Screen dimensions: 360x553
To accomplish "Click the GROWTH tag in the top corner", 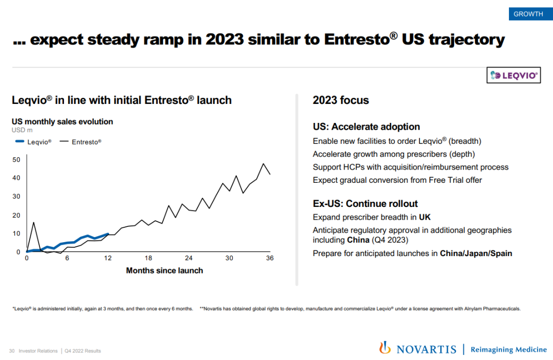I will click(x=528, y=14).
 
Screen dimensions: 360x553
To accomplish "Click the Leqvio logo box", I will click(x=513, y=76).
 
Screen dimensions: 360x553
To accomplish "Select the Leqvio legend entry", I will click(x=34, y=141).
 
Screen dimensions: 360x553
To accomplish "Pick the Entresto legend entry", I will click(x=81, y=141).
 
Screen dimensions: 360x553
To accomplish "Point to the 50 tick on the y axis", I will click(x=16, y=160).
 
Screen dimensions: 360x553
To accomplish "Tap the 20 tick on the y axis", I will click(x=16, y=215).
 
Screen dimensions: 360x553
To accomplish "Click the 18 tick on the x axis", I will click(x=148, y=258).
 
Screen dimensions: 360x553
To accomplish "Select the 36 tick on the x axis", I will click(x=270, y=258).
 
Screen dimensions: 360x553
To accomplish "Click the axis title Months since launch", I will click(x=164, y=270).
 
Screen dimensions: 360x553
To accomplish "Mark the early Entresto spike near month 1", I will click(x=34, y=222).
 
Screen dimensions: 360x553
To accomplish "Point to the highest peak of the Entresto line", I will click(x=263, y=164).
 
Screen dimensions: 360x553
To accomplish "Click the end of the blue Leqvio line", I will click(x=108, y=234).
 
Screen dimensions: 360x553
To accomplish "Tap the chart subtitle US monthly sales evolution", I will click(x=62, y=121).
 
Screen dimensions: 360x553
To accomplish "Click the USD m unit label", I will click(x=22, y=130).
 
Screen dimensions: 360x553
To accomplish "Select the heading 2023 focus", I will click(x=341, y=100).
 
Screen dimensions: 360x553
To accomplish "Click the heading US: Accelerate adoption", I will click(x=366, y=126).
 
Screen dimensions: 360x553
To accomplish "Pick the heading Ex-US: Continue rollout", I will click(x=365, y=203).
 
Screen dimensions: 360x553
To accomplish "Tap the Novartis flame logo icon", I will click(x=385, y=348).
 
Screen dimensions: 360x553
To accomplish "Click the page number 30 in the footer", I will click(x=11, y=351).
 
